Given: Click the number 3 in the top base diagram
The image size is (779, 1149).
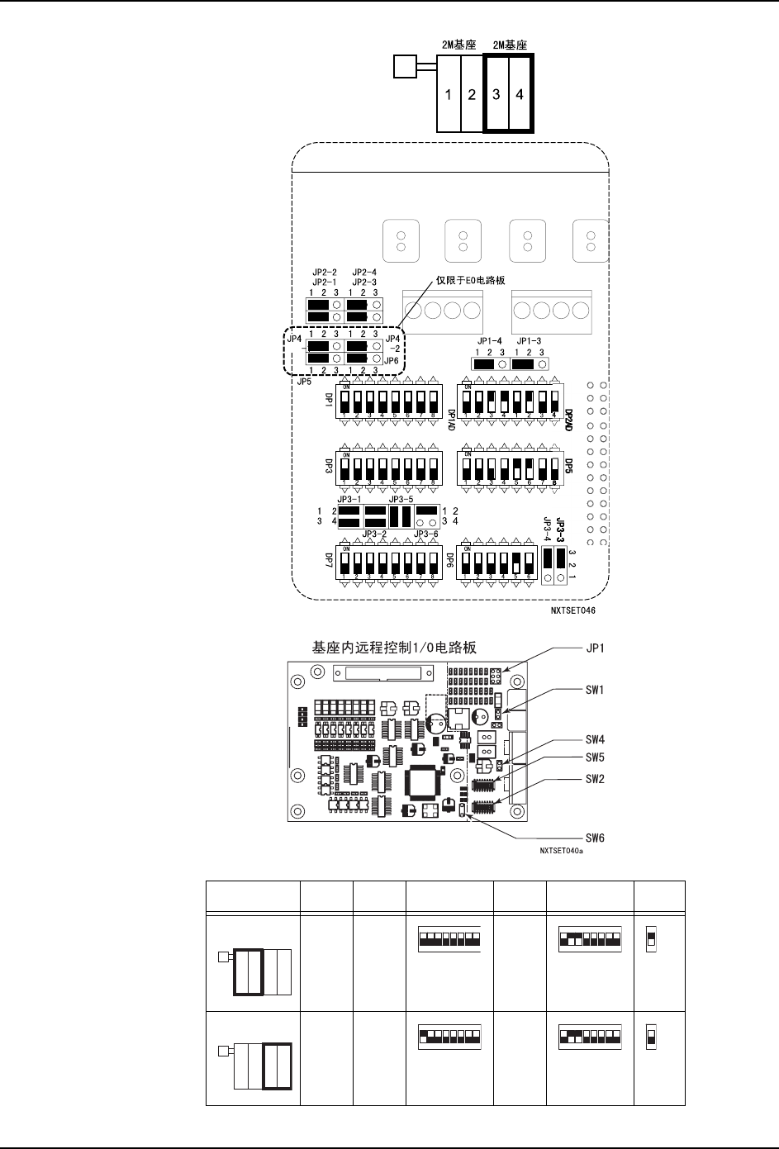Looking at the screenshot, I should coord(496,95).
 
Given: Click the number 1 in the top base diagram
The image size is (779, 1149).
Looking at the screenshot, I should coord(449,95).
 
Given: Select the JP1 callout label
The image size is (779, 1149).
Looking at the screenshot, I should coord(595,648).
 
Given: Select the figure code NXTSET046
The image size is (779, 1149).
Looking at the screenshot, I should coord(573,612).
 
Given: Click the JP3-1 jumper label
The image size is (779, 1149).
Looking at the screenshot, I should coord(350,499).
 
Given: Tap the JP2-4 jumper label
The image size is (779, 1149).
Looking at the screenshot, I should coord(364,272).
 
